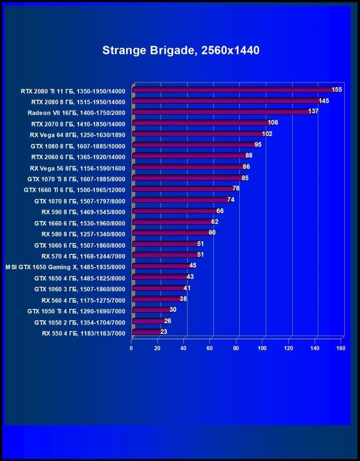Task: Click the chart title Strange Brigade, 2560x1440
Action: coord(180,50)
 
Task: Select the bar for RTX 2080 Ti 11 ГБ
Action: coord(232,90)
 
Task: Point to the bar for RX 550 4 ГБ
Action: coord(147,332)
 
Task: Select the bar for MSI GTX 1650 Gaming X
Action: coord(161,266)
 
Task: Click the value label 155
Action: coord(337,90)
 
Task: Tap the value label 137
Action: coord(313,111)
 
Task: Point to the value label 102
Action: coord(267,134)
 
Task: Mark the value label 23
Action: coord(164,332)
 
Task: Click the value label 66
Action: coord(220,211)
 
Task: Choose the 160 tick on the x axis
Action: coord(341,349)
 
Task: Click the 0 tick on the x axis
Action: coord(131,349)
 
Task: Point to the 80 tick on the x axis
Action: coord(236,349)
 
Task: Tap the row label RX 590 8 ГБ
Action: coord(83,212)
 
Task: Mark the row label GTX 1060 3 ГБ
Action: coord(80,289)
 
